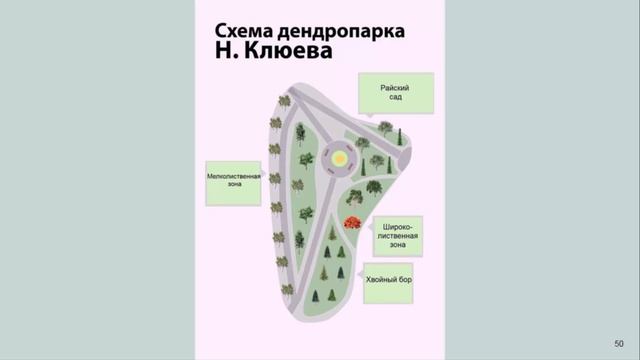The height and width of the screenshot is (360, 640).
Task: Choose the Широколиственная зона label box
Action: [x=397, y=237]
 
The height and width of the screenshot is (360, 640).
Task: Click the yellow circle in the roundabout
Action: [x=341, y=159]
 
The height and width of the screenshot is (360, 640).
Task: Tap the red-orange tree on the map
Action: [x=352, y=224]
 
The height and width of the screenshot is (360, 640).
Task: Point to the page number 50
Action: [x=618, y=343]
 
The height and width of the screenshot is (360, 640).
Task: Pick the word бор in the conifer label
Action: [x=410, y=283]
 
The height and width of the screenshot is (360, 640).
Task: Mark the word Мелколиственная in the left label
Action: [x=233, y=176]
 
